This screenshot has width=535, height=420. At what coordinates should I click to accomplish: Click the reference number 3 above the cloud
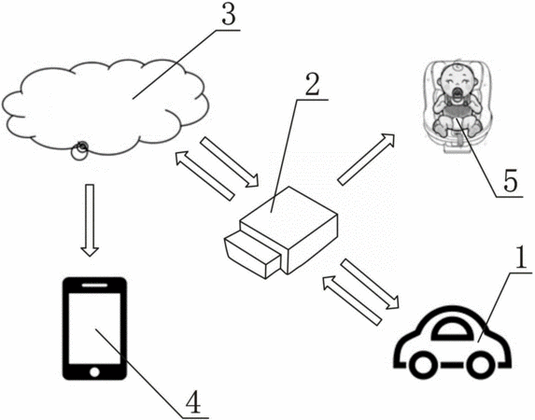coord(229,15)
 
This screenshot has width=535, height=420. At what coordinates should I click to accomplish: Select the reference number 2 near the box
coord(312,84)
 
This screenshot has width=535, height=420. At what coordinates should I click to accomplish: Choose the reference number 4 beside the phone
coord(192,402)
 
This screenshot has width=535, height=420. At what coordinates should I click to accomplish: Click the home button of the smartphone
coord(94,371)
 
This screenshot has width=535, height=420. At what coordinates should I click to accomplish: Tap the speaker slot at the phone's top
coord(94,285)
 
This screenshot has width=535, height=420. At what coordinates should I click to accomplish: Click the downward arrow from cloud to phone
coord(90,220)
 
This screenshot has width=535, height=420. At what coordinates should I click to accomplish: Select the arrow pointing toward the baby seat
coord(366,159)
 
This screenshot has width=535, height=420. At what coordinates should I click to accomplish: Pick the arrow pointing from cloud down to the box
coord(230,162)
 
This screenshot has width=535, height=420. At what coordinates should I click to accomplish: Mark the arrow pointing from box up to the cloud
coord(204,175)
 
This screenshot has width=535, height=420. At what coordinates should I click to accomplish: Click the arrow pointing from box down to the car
coord(370,285)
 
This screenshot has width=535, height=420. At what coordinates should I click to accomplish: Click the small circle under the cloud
coord(79,152)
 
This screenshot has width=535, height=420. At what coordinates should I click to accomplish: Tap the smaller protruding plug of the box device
coord(252,254)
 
